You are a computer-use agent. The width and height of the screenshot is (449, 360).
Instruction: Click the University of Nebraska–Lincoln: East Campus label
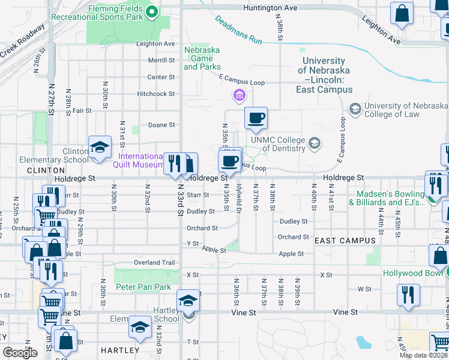pyautogui.click(x=324, y=75)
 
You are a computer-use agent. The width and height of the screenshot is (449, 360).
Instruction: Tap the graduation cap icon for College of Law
pyautogui.click(x=355, y=109)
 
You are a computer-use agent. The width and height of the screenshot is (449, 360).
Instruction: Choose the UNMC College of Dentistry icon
pyautogui.click(x=314, y=143)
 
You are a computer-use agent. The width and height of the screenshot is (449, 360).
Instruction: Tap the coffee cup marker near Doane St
pyautogui.click(x=256, y=118)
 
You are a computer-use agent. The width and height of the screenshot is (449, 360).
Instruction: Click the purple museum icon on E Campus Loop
pyautogui.click(x=239, y=95)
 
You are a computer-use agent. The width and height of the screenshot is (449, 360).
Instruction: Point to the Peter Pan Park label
pyautogui.click(x=143, y=287)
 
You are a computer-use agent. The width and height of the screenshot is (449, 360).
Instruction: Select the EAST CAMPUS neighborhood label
pyautogui.click(x=345, y=241)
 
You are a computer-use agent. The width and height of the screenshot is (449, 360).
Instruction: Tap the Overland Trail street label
pyautogui.click(x=155, y=263)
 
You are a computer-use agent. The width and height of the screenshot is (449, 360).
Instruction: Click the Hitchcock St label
pyautogui.click(x=155, y=94)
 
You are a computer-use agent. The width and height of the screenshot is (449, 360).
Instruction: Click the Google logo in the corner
pyautogui.click(x=20, y=353)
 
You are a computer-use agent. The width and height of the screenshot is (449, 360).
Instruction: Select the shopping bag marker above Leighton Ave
pyautogui.click(x=402, y=13)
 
